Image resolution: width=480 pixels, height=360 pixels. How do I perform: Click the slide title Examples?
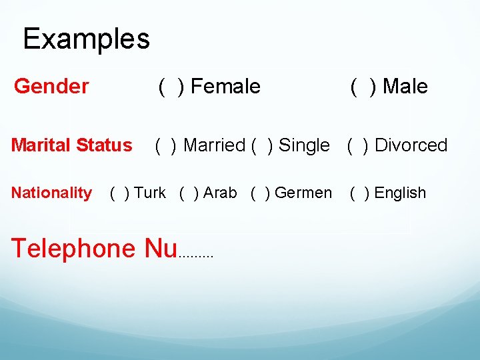[86, 39]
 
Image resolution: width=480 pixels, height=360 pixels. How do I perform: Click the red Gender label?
[51, 86]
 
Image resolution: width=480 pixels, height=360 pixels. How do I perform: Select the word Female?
[226, 86]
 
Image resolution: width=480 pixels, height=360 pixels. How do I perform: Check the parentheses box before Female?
[171, 86]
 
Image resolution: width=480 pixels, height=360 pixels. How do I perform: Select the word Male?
[405, 86]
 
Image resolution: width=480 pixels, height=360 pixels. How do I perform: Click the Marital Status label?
[71, 145]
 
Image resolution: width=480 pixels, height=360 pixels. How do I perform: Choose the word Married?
[214, 145]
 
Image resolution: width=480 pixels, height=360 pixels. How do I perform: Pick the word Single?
[304, 145]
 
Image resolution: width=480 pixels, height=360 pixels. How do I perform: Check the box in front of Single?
[261, 145]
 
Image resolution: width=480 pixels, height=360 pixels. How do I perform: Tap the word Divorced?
[411, 145]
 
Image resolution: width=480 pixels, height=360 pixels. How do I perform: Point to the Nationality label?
[51, 193]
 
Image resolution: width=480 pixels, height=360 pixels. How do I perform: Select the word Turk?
[150, 193]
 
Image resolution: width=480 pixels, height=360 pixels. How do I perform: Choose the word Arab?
[220, 193]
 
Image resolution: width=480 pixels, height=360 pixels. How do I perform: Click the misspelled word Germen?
[303, 193]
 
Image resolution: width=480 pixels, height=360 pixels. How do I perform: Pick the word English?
[400, 193]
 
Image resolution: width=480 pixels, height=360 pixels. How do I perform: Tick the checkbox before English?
[360, 193]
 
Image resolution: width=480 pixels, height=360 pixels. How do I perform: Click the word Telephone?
[73, 248]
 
